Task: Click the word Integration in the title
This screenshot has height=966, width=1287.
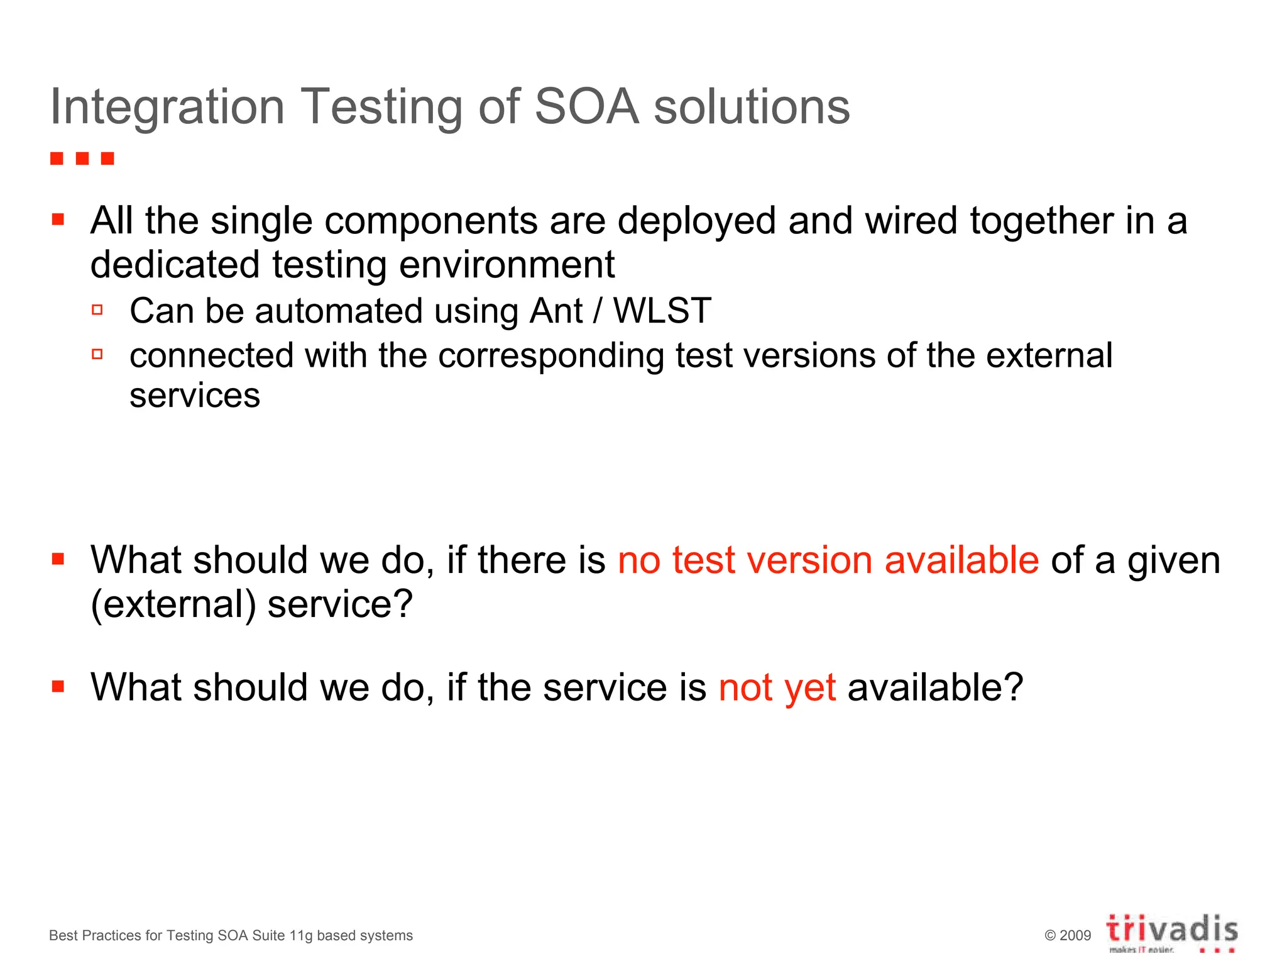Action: (x=167, y=108)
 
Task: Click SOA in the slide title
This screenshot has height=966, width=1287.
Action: (x=586, y=106)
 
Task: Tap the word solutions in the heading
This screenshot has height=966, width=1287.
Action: (x=752, y=106)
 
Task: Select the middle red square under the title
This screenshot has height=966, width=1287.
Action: (x=82, y=158)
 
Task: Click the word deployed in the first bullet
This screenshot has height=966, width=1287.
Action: (x=696, y=221)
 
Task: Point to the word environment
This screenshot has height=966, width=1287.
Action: (x=507, y=265)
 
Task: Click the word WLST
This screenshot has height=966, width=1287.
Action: (x=662, y=311)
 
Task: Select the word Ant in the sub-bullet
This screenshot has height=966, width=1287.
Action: (x=556, y=311)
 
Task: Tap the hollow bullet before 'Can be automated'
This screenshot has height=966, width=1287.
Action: (x=97, y=309)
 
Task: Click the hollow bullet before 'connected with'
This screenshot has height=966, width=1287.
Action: (x=97, y=354)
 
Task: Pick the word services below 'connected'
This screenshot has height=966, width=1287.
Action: (x=195, y=396)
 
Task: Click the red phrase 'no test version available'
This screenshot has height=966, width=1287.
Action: (x=828, y=560)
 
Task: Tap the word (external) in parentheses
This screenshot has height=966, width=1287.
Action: (x=173, y=604)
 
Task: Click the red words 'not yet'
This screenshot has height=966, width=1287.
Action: (x=777, y=687)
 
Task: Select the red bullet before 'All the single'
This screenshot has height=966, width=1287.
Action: (x=58, y=219)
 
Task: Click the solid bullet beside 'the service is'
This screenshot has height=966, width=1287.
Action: (x=58, y=686)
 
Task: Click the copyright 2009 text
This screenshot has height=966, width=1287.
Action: (x=1068, y=936)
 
